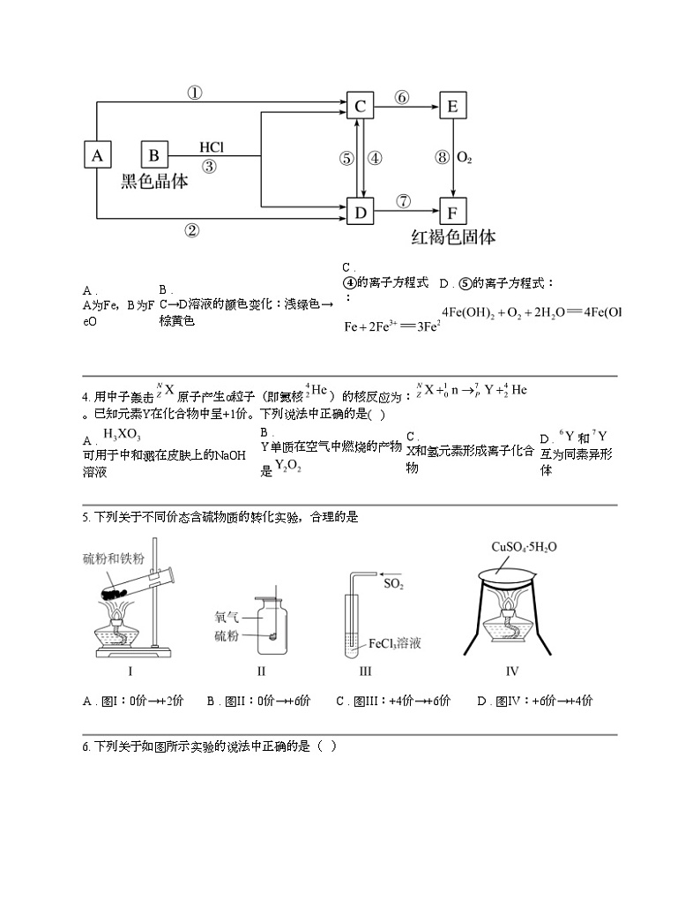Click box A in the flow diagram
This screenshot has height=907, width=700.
point(98,156)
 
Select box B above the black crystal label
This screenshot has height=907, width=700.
point(154,156)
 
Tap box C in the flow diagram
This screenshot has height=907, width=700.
point(360,107)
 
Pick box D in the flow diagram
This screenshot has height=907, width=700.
point(360,213)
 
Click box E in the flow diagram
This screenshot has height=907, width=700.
point(452,107)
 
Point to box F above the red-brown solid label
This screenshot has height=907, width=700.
point(452,213)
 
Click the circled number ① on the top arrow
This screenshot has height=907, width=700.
point(195,92)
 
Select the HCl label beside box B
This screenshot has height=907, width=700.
point(212,146)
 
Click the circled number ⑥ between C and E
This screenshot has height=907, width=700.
point(402,97)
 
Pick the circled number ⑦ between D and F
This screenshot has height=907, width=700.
point(403,201)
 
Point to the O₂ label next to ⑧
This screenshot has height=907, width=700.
point(465,159)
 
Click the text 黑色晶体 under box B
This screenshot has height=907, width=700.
point(155,182)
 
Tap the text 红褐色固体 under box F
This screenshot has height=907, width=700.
point(453,237)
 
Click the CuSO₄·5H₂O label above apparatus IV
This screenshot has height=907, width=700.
point(525,547)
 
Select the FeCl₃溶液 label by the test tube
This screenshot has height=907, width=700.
point(394,643)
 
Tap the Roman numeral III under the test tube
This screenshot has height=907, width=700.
point(366,671)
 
